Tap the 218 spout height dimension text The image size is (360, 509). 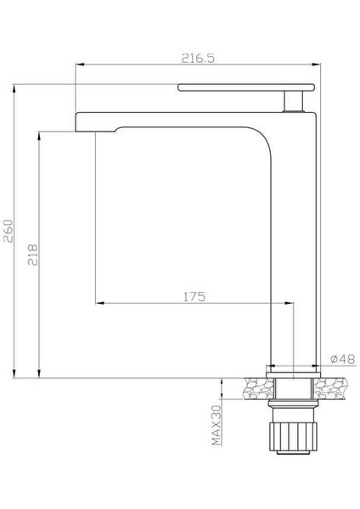point(33,255)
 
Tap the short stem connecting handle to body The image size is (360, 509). point(293,102)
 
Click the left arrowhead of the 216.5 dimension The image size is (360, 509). point(80,64)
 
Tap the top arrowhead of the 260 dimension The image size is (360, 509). point(15,87)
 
